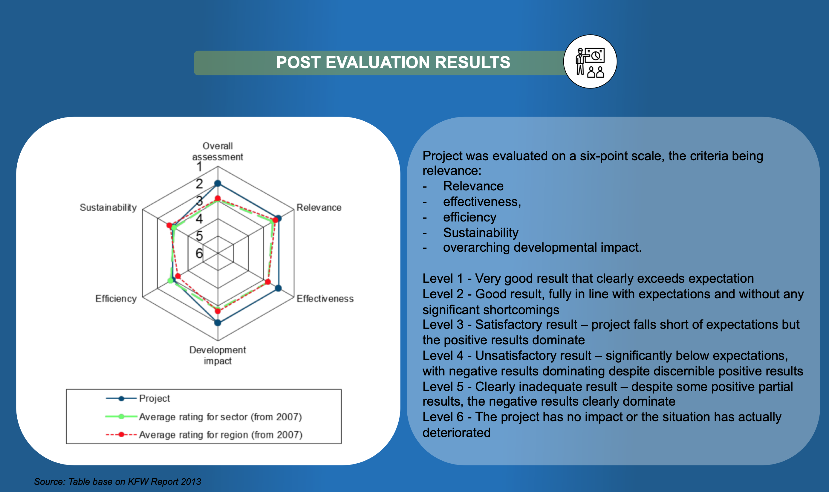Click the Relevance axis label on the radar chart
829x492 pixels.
319,207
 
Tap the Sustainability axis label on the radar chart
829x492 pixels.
108,207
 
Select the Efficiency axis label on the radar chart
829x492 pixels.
116,299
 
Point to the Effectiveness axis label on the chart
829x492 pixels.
325,299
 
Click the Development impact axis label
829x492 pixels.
218,355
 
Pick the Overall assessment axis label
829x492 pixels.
218,152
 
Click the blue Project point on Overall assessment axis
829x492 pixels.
218,183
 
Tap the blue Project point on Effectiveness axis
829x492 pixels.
279,288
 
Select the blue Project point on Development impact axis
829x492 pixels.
218,323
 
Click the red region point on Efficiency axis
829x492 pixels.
178,276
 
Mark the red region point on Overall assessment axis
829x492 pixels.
218,198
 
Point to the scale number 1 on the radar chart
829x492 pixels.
199,167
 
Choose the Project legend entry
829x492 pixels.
138,398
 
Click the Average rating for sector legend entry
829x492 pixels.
204,417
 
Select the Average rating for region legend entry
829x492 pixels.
204,435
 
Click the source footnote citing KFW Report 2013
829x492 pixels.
118,482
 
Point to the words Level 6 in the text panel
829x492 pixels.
443,417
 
